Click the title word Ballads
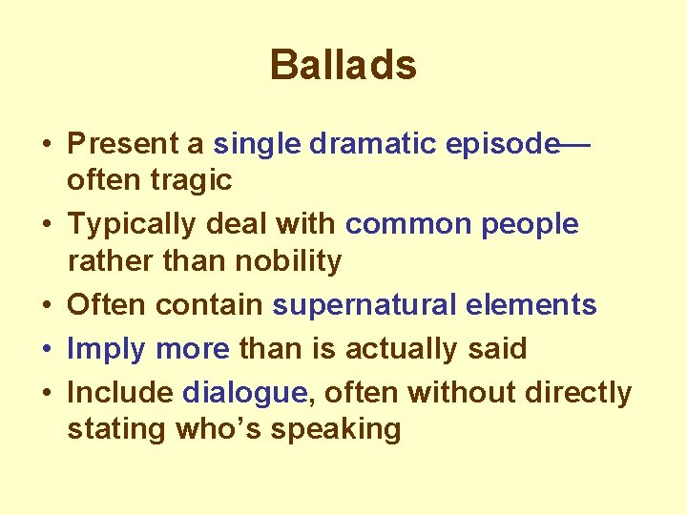pyautogui.click(x=343, y=66)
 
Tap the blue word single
pyautogui.click(x=257, y=144)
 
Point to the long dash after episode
pyautogui.click(x=575, y=145)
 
